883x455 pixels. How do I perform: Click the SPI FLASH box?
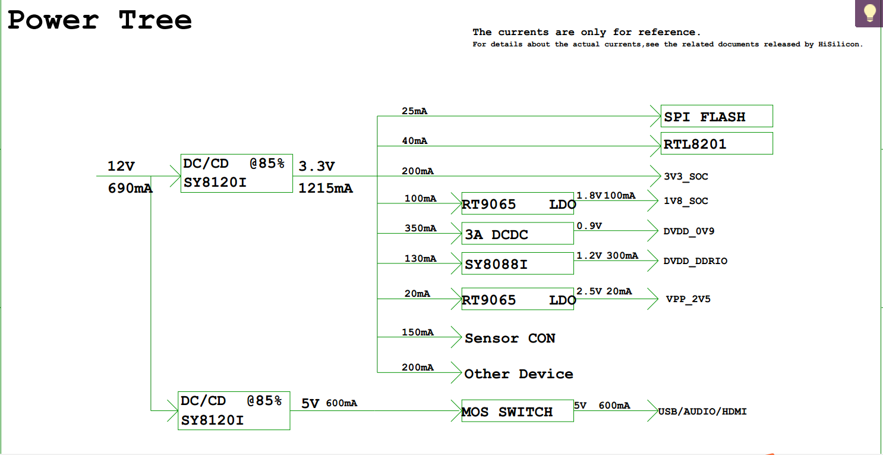[x=717, y=116]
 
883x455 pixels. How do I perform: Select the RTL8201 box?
[x=717, y=143]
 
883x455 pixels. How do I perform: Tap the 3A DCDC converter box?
[x=518, y=233]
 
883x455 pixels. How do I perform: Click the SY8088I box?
[x=518, y=263]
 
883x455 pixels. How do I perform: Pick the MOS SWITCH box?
[x=518, y=411]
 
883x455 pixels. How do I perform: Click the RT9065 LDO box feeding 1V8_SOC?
[x=518, y=203]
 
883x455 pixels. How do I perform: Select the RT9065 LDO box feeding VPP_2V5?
[x=518, y=299]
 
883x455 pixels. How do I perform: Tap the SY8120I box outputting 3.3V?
[x=236, y=173]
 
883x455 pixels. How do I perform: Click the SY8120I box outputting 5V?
[x=234, y=411]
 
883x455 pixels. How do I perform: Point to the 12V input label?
[x=121, y=166]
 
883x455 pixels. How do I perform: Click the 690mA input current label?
[x=130, y=188]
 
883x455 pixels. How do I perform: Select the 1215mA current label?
[x=325, y=188]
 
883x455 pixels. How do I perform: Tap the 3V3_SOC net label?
[x=686, y=177]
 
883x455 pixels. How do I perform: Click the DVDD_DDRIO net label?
[x=695, y=261]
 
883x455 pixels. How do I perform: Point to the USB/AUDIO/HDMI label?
[x=702, y=412]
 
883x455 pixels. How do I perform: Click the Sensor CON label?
[x=510, y=338]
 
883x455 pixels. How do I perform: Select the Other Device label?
[x=519, y=374]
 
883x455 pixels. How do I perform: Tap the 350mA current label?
[x=420, y=228]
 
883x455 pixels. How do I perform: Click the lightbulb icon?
[x=869, y=13]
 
